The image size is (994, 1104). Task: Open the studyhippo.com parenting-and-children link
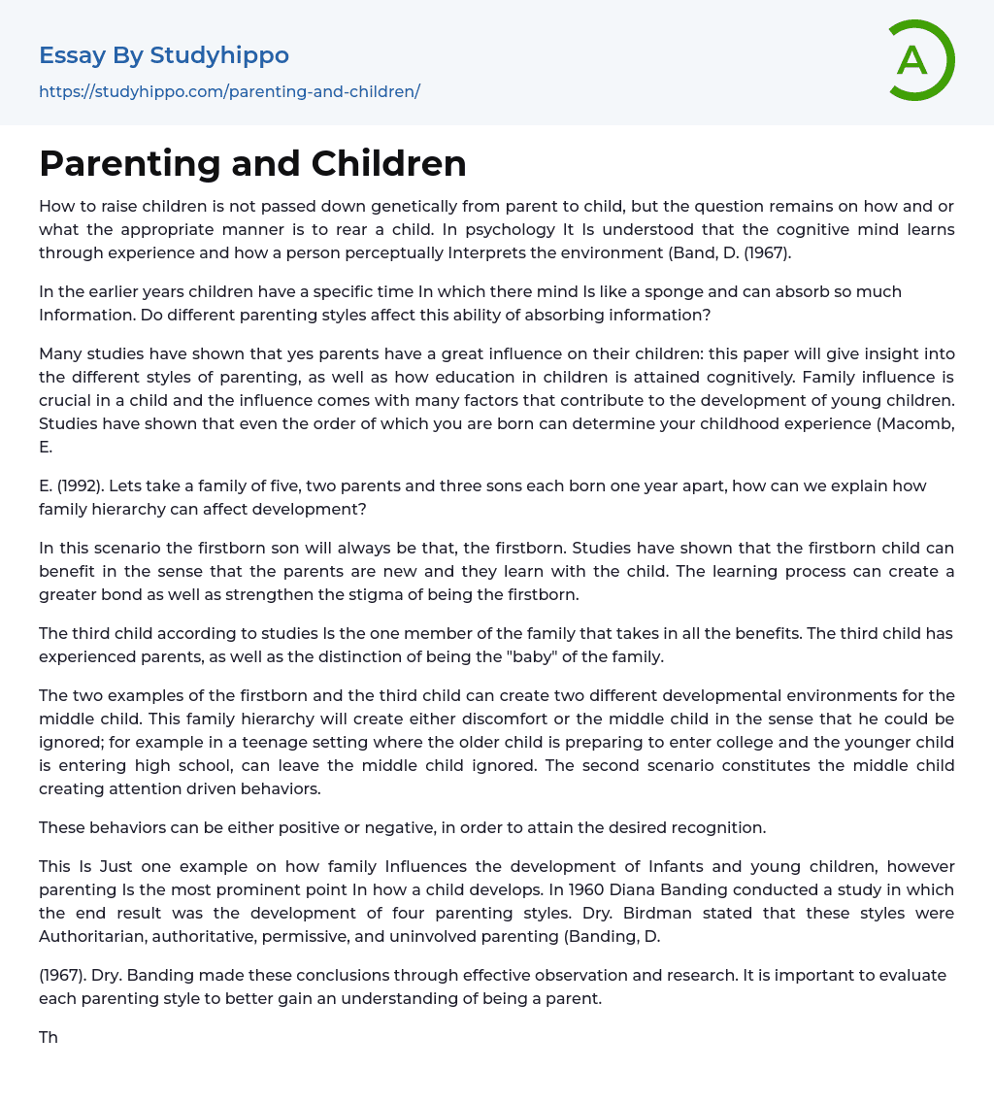(x=229, y=92)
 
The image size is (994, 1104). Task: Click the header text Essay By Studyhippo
(x=164, y=55)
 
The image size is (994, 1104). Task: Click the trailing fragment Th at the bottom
(x=49, y=1037)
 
